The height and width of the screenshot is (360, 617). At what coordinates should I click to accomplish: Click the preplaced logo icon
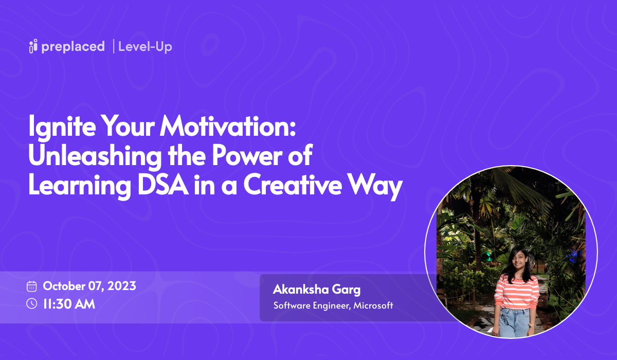point(33,46)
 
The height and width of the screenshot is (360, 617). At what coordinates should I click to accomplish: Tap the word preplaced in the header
point(73,47)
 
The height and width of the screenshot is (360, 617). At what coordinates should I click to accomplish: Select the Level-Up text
point(145,47)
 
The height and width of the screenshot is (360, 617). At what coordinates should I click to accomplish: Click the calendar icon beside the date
point(32,286)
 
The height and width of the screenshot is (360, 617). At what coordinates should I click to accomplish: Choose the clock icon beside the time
point(32,303)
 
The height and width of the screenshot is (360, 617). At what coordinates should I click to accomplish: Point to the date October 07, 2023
point(89,286)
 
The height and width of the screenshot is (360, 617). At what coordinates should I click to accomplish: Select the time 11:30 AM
point(69,304)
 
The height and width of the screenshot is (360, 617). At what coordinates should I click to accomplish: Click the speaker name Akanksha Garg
point(316,289)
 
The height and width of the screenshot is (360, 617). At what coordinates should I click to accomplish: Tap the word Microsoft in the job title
point(373,305)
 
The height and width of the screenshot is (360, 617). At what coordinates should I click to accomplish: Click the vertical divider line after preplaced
point(113,46)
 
